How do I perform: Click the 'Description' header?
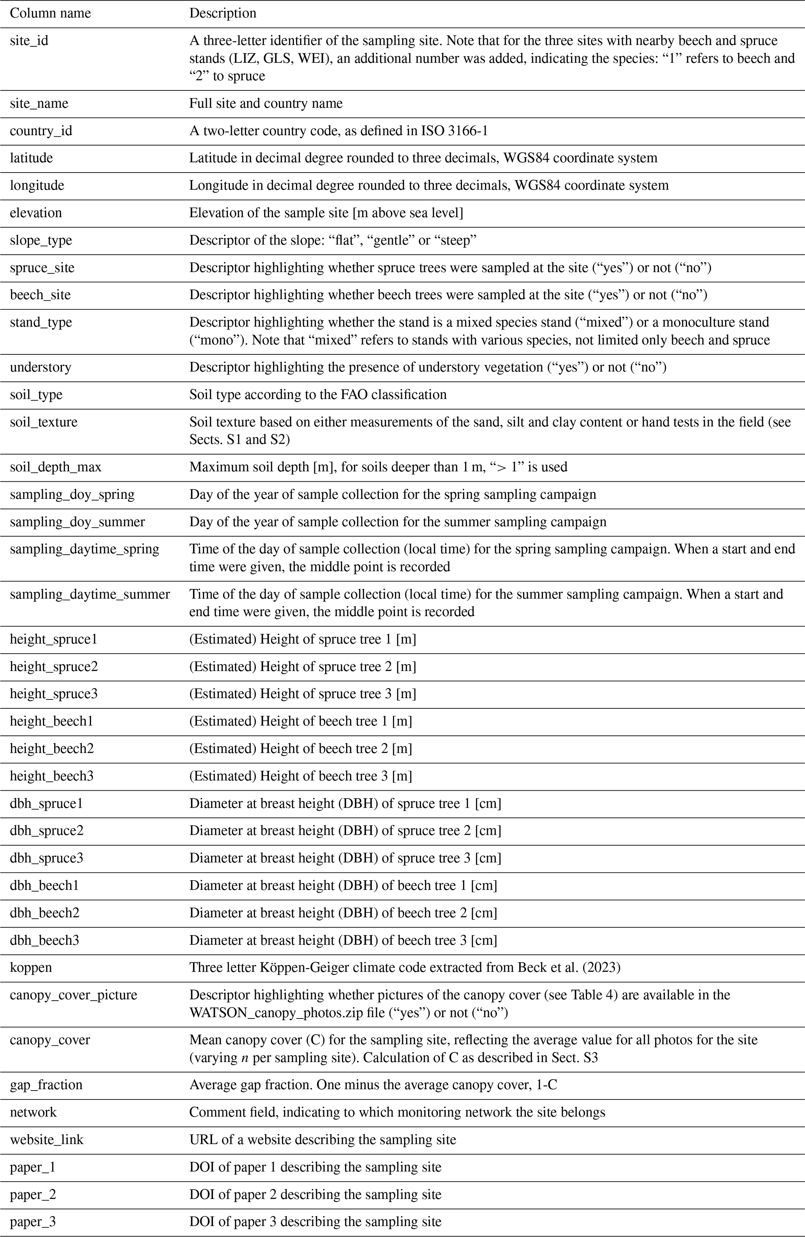pyautogui.click(x=222, y=13)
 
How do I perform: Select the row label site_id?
pyautogui.click(x=29, y=41)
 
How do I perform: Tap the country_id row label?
pyautogui.click(x=41, y=130)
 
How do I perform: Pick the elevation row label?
pyautogui.click(x=36, y=213)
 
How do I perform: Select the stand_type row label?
pyautogui.click(x=41, y=322)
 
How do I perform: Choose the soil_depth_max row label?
pyautogui.click(x=56, y=467)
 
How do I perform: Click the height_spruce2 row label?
pyautogui.click(x=54, y=666)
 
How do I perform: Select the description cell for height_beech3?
pyautogui.click(x=300, y=776)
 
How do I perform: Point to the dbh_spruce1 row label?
pyautogui.click(x=47, y=804)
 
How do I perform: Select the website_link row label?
pyautogui.click(x=47, y=1139)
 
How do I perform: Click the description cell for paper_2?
pyautogui.click(x=315, y=1195)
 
